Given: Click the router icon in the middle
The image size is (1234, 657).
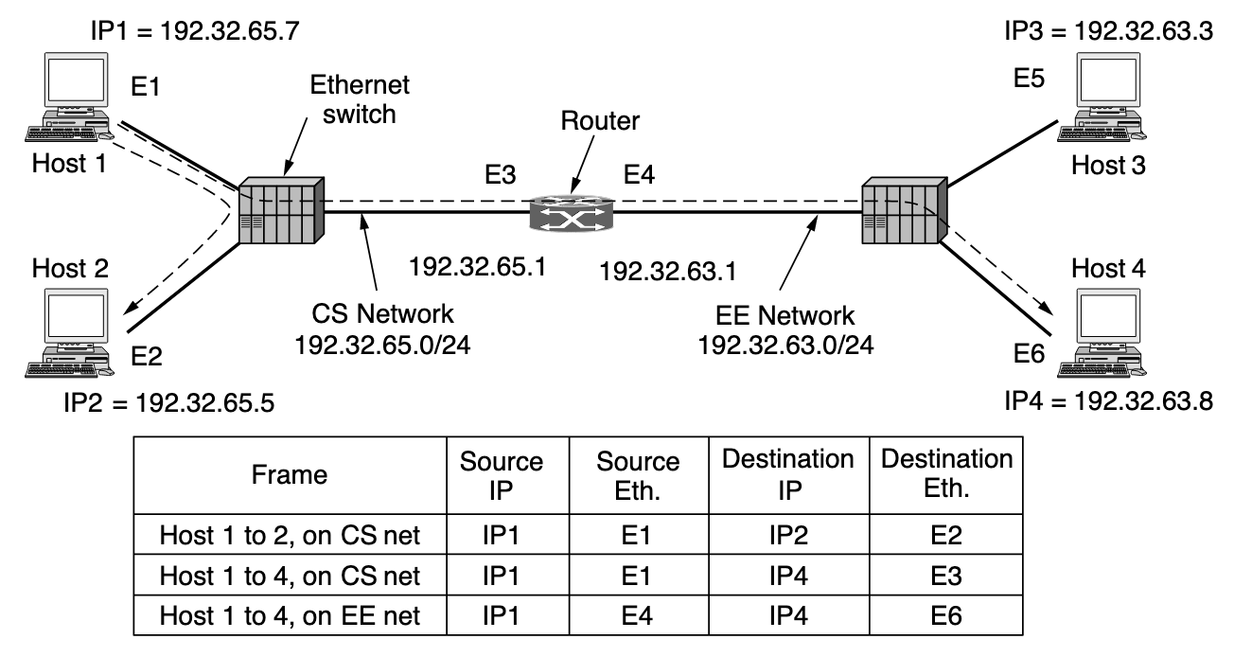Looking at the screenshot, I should tap(570, 213).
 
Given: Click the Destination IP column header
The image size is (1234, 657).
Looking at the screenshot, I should tap(787, 475).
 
